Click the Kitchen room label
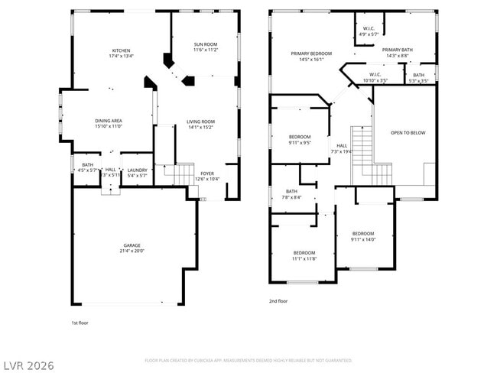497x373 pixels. [121, 50]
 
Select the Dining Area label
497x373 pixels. [109, 120]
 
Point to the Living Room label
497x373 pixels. [201, 121]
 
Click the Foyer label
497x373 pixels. [207, 174]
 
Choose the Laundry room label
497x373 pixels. [137, 170]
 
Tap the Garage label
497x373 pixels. [132, 245]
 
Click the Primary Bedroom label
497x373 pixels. [307, 54]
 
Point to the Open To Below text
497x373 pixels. [408, 133]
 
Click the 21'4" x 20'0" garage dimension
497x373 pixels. [132, 251]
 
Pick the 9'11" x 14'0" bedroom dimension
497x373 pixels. [363, 240]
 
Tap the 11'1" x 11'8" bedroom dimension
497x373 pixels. [304, 258]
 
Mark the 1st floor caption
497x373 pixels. [80, 323]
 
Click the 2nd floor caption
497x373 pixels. [278, 302]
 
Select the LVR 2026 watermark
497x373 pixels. [28, 365]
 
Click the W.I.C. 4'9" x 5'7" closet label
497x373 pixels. [369, 31]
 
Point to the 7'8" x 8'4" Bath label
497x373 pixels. [291, 194]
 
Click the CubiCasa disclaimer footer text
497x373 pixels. [248, 360]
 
